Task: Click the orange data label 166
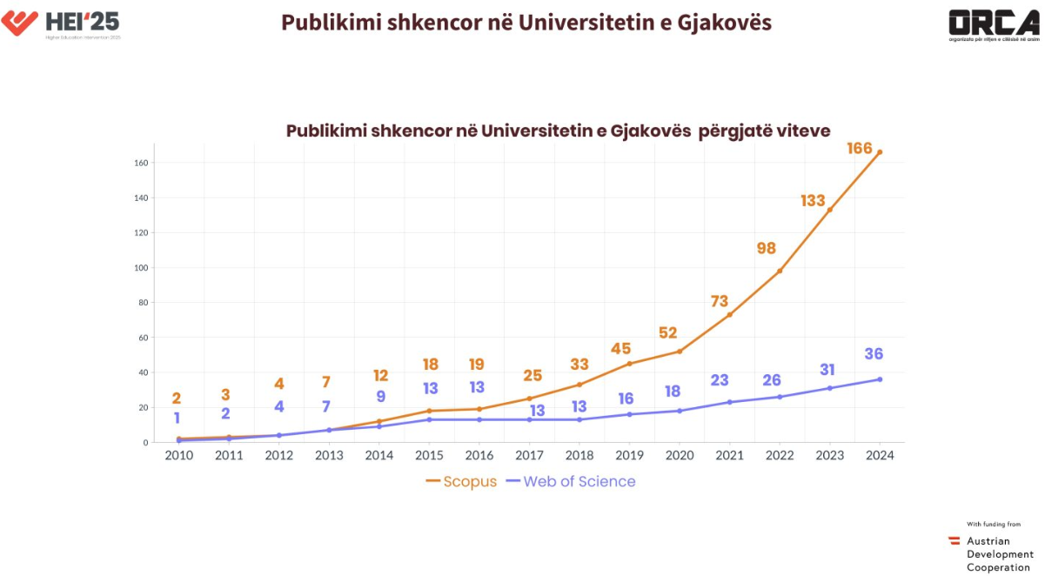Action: [860, 149]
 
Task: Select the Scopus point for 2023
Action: [829, 210]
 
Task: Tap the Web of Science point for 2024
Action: [880, 379]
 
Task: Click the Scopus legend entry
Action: [461, 482]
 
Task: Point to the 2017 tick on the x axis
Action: [529, 455]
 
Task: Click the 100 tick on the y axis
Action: [141, 268]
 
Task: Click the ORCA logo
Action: [994, 24]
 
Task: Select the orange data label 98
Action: [767, 249]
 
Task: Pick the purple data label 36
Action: [874, 354]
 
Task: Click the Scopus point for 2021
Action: [729, 314]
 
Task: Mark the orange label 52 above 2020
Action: [668, 333]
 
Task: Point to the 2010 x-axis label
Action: [178, 455]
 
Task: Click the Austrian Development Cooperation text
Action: [998, 554]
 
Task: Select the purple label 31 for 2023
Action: [827, 370]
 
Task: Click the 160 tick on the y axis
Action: [141, 163]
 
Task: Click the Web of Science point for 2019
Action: [629, 414]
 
